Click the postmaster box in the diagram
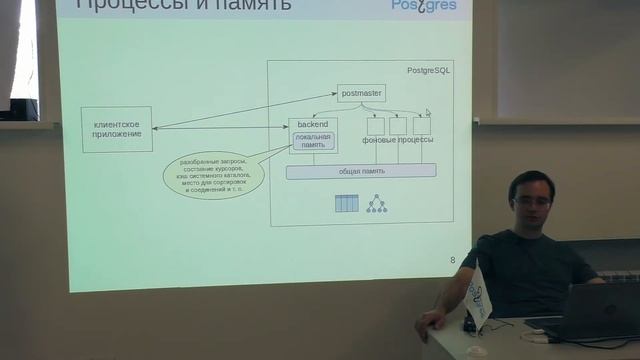[360, 92]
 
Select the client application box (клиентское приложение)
[117, 129]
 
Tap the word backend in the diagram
[312, 125]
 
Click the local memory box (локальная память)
[313, 141]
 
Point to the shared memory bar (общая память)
[361, 172]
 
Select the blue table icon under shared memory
[346, 204]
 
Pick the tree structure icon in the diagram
[376, 204]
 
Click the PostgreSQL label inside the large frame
[429, 71]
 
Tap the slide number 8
[452, 261]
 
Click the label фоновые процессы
[397, 141]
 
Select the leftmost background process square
[375, 126]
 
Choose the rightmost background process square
[421, 126]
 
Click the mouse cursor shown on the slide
[428, 113]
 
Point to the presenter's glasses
[531, 201]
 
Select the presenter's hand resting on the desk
[429, 321]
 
